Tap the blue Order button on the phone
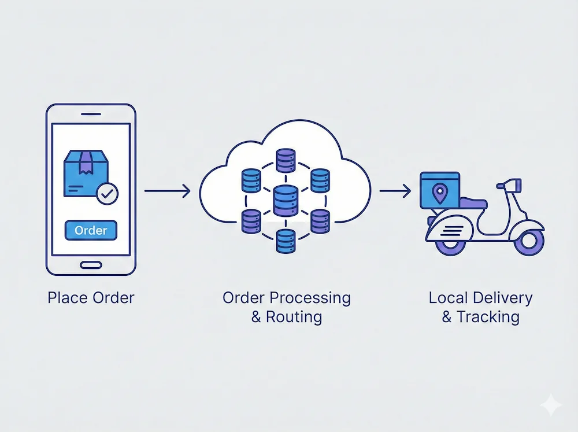click(x=91, y=230)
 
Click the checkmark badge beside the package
click(x=106, y=194)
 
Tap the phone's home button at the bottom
click(x=91, y=265)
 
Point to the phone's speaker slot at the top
click(x=91, y=113)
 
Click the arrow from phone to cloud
click(x=167, y=190)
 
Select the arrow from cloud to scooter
click(x=395, y=190)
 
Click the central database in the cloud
click(x=283, y=200)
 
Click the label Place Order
click(x=91, y=298)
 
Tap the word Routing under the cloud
click(x=294, y=317)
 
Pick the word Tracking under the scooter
click(x=488, y=317)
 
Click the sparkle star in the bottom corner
click(x=551, y=404)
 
